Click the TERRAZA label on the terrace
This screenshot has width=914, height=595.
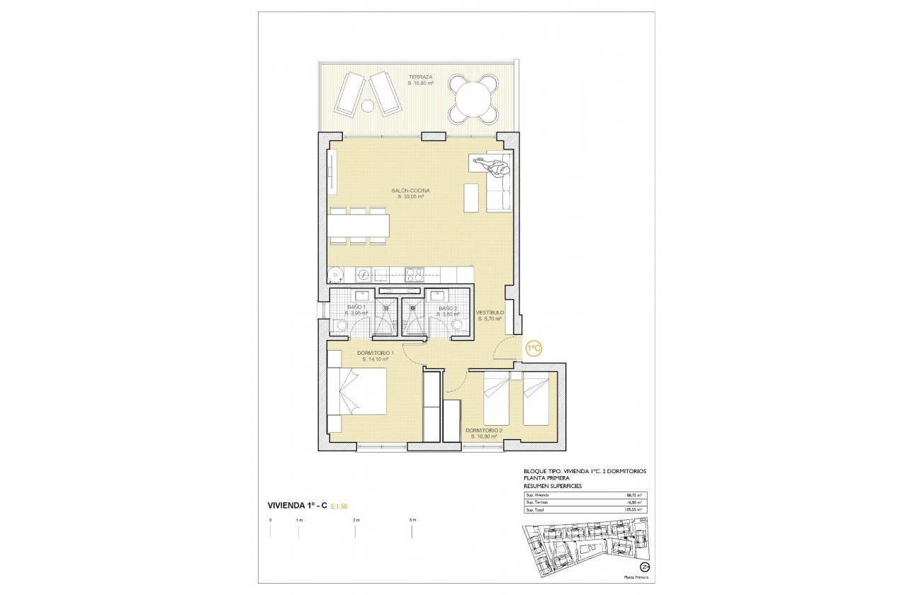tap(420, 77)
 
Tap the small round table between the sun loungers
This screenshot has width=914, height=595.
tap(368, 106)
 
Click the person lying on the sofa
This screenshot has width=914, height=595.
tap(497, 168)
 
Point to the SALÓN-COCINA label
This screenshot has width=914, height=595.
tap(410, 191)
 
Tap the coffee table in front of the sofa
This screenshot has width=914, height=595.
tap(471, 197)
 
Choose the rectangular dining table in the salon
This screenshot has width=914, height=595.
tap(358, 226)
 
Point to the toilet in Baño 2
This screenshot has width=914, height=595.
tap(457, 324)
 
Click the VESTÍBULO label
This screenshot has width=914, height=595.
tap(489, 312)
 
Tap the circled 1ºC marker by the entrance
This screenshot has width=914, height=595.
tap(534, 347)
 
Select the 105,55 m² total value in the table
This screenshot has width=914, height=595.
tap(633, 509)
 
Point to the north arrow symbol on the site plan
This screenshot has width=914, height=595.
tap(645, 567)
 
